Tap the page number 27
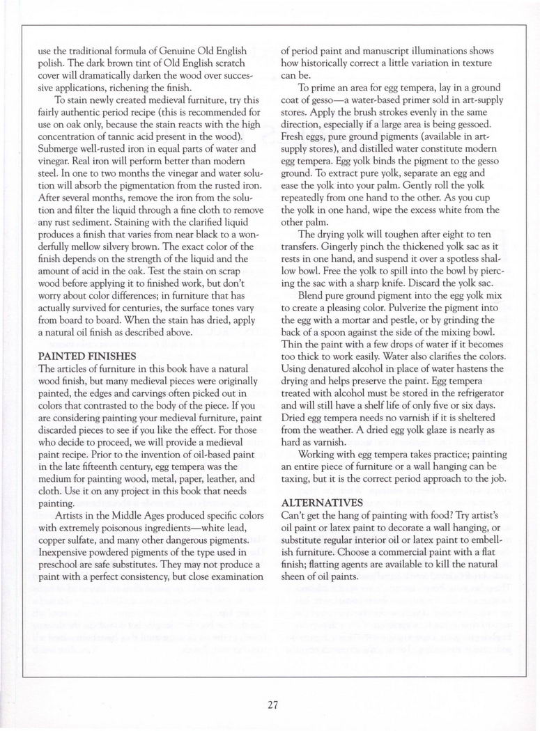[x=272, y=704]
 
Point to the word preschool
[x=59, y=559]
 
